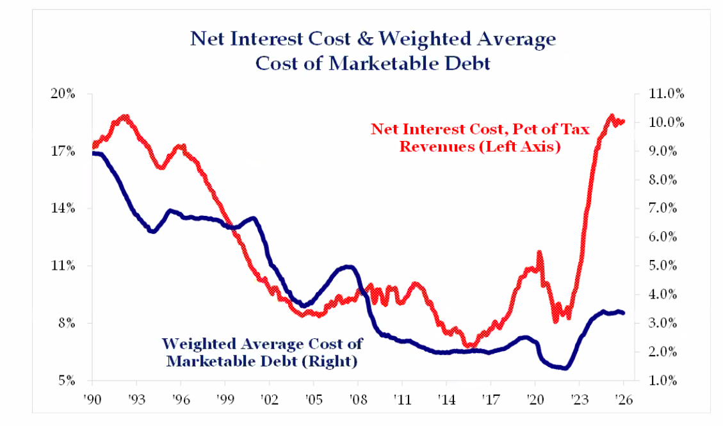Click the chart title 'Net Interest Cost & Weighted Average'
click(x=373, y=38)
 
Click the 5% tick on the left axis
click(x=67, y=381)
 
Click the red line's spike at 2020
click(x=539, y=253)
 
